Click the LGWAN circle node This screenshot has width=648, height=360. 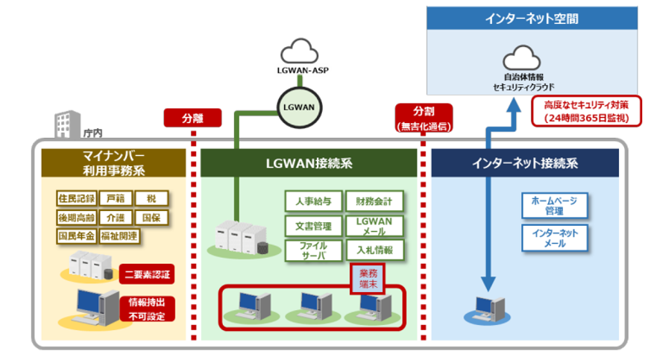tap(298, 107)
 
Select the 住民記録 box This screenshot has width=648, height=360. tap(77, 199)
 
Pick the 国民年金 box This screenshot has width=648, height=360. tap(77, 236)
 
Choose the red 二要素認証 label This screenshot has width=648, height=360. tap(146, 274)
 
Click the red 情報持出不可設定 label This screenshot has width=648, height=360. tap(146, 309)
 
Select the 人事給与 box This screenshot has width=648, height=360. tap(313, 200)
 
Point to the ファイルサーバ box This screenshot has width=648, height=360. tap(313, 250)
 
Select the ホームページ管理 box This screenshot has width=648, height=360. tap(554, 206)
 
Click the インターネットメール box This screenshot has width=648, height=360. tap(554, 239)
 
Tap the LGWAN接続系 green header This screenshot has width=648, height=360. tap(309, 162)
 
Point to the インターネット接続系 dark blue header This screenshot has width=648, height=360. tap(524, 162)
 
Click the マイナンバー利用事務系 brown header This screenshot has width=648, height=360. tap(113, 162)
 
